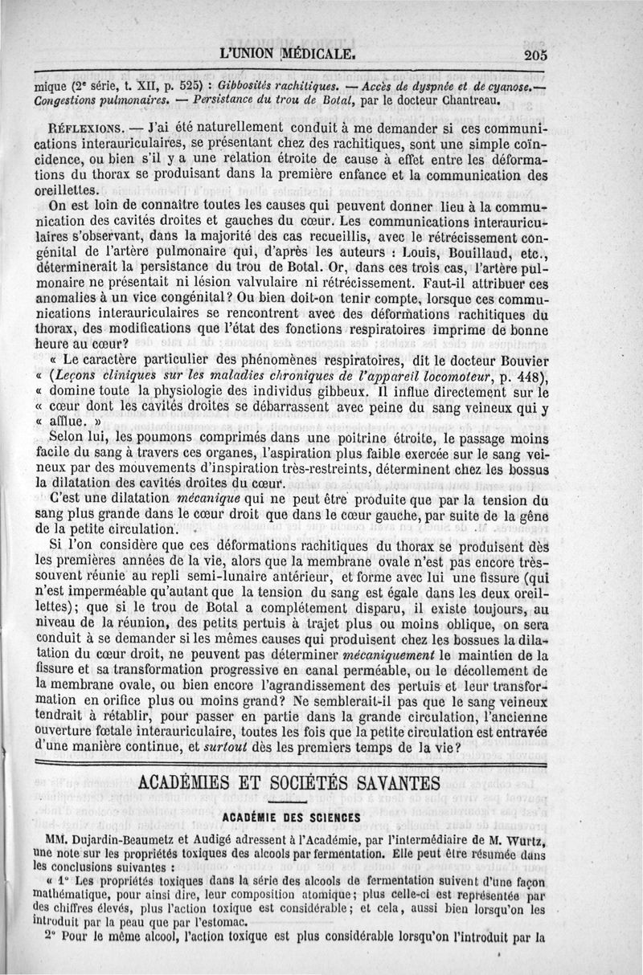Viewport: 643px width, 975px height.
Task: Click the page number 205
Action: click(x=533, y=55)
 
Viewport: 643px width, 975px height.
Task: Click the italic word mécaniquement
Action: click(x=389, y=655)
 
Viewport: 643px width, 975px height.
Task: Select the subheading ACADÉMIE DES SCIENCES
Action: click(x=291, y=818)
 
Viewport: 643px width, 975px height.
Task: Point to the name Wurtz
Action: click(x=522, y=839)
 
